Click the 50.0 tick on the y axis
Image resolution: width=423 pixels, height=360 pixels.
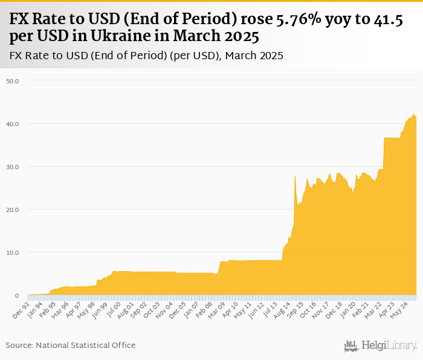(x=13, y=80)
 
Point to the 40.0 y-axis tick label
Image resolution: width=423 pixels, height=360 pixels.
(x=13, y=124)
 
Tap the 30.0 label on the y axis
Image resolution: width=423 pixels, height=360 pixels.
(x=13, y=167)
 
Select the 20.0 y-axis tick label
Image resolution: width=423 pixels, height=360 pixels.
(x=13, y=210)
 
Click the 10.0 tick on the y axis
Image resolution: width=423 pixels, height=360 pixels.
(x=13, y=252)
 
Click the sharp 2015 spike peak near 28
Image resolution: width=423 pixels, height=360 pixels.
(x=295, y=176)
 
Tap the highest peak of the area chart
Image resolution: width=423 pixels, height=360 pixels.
(x=414, y=115)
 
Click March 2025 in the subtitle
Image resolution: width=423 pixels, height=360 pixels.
(x=253, y=56)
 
